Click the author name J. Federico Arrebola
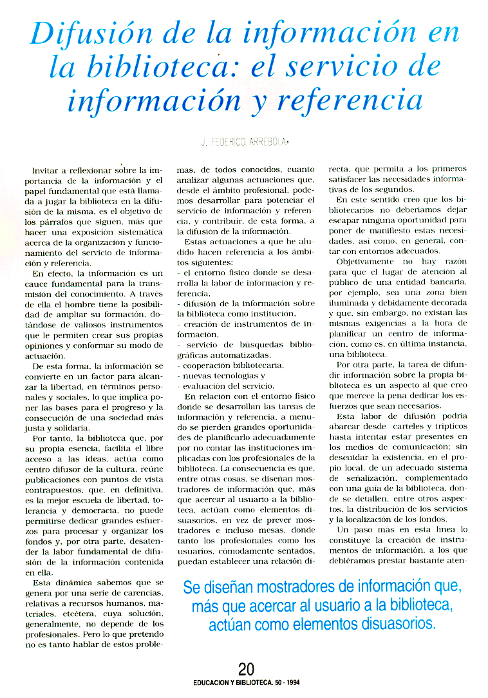tap(244, 141)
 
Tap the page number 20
tap(245, 668)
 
